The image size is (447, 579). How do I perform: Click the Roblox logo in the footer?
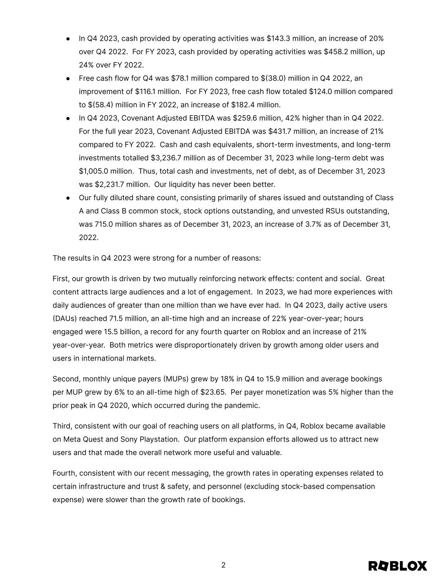(397, 566)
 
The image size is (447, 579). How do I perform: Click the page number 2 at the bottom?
(223, 565)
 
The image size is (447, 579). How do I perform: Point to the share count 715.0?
(104, 224)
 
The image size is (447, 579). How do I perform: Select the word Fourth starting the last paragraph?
(64, 473)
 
